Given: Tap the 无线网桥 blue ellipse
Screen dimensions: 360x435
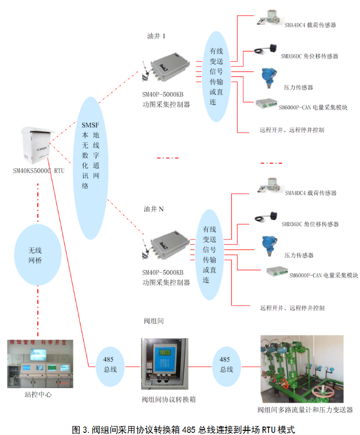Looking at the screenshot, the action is point(38,255).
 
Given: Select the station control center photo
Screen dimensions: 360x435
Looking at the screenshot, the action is point(40,364).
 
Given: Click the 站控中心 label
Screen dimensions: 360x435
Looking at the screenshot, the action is point(38,394).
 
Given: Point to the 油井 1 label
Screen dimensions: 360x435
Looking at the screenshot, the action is point(156,36).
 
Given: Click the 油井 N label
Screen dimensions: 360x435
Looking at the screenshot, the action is point(154,209).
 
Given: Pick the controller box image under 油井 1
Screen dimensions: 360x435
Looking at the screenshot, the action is point(166,68).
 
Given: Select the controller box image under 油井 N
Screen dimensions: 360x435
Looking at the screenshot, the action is point(166,245).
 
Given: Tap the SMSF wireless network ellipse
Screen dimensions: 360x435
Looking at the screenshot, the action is point(91,168).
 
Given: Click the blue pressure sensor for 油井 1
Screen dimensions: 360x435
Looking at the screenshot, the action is point(268,78).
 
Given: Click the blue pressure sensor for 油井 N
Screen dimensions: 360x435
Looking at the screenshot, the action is point(269,246).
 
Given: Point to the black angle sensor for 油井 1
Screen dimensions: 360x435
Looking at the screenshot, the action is point(266,49).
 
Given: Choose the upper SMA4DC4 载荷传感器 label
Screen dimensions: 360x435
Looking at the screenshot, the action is point(311,25).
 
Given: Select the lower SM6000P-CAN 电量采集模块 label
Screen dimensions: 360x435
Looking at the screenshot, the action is point(324,275).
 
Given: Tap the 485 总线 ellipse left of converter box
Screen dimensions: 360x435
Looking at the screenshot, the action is point(110,367).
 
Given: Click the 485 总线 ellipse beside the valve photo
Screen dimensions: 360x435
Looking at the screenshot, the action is point(226,367).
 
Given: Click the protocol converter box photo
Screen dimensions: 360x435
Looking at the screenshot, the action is point(165,364).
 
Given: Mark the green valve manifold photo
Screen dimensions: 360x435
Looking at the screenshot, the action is point(302,369).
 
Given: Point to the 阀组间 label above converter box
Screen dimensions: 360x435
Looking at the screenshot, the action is point(154,321).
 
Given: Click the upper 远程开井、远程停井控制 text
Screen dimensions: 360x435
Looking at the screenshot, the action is point(292,130).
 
